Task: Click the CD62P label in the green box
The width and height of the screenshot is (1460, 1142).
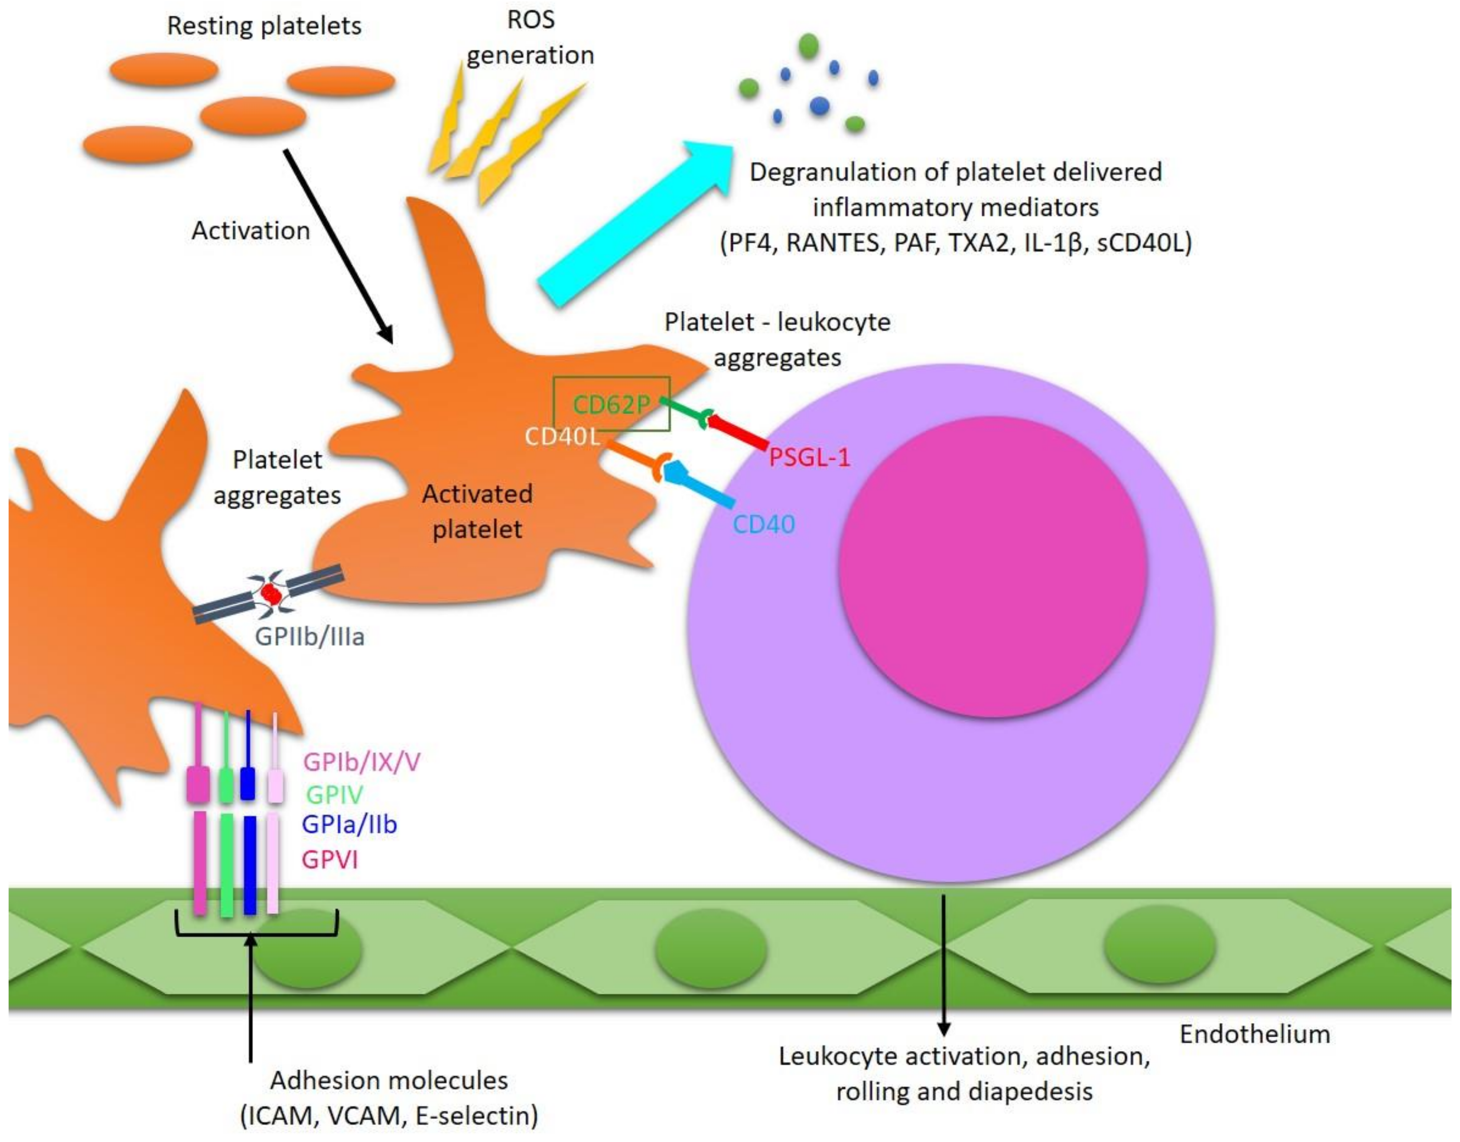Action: (x=611, y=404)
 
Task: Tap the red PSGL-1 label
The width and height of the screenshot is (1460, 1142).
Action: (x=809, y=457)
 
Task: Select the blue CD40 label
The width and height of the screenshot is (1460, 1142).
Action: (x=763, y=523)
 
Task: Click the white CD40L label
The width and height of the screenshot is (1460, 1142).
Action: (x=562, y=436)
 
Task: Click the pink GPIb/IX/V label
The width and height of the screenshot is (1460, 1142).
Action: (x=361, y=761)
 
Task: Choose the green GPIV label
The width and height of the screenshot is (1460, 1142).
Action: (x=334, y=794)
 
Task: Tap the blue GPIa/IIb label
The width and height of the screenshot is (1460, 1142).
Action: (x=349, y=825)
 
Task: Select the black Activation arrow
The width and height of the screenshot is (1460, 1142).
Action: (x=337, y=244)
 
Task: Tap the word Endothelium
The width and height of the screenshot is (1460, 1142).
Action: (x=1254, y=1035)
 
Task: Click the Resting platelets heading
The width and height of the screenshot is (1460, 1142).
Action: (x=264, y=25)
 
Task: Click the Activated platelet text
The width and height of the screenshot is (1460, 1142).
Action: (x=477, y=512)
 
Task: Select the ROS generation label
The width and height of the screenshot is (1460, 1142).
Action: (x=530, y=37)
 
